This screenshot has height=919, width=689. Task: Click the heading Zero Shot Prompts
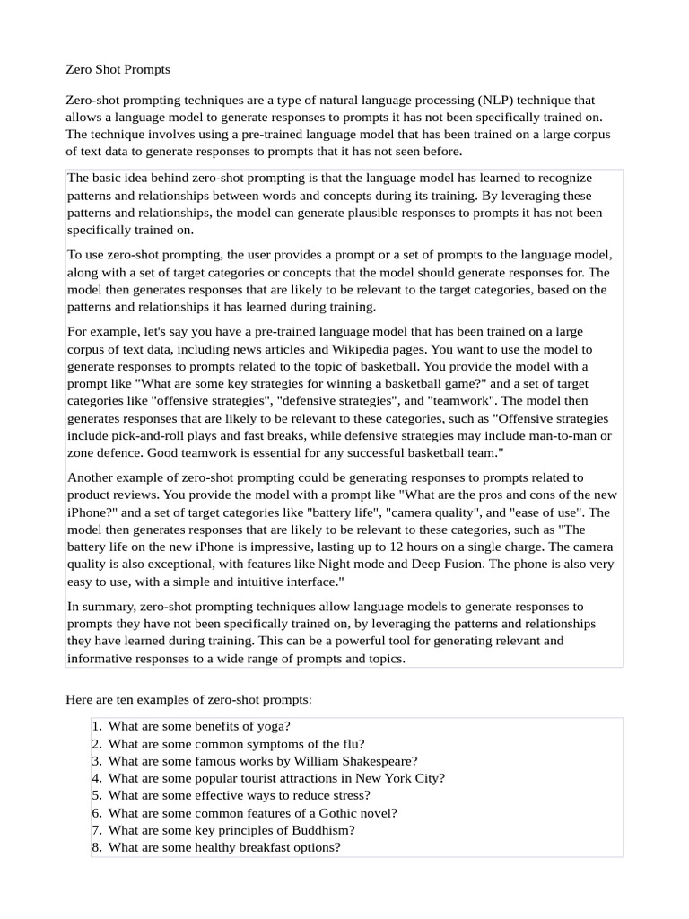pos(118,69)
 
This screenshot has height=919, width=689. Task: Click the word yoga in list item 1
pos(274,726)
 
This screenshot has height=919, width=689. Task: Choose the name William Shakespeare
pos(347,760)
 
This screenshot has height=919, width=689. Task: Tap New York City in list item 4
pos(399,778)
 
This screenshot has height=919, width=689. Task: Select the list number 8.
pos(97,846)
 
